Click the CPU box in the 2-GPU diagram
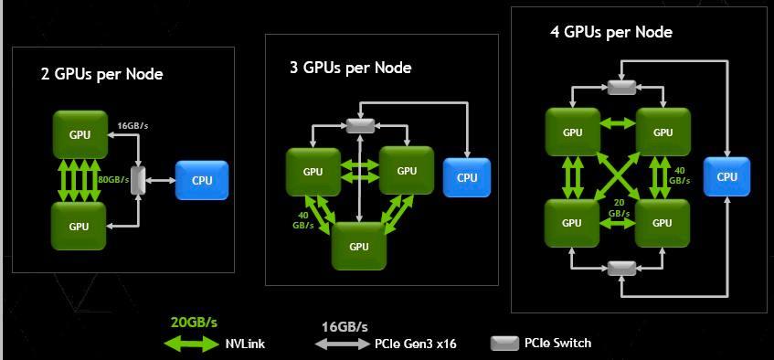click(x=202, y=181)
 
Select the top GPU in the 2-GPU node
click(x=80, y=134)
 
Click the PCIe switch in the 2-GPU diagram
click(x=139, y=180)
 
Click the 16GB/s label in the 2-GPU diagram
click(x=133, y=125)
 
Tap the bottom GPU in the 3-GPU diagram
click(x=359, y=246)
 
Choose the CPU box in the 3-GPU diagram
click(x=467, y=177)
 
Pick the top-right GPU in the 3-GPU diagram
click(x=407, y=171)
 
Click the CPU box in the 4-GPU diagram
click(x=726, y=176)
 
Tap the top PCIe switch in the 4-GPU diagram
click(x=621, y=87)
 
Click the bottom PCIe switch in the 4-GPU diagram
click(x=621, y=267)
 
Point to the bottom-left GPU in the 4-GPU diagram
click(x=572, y=222)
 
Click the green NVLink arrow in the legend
click(x=194, y=344)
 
